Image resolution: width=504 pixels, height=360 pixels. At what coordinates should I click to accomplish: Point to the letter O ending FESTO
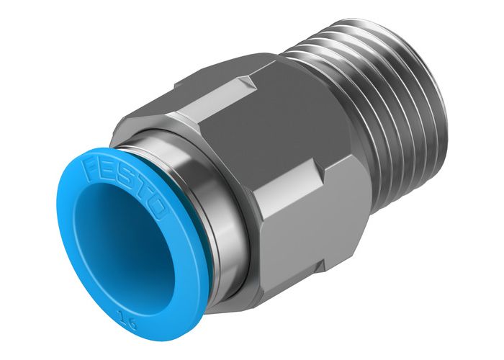pyautogui.click(x=158, y=213)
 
